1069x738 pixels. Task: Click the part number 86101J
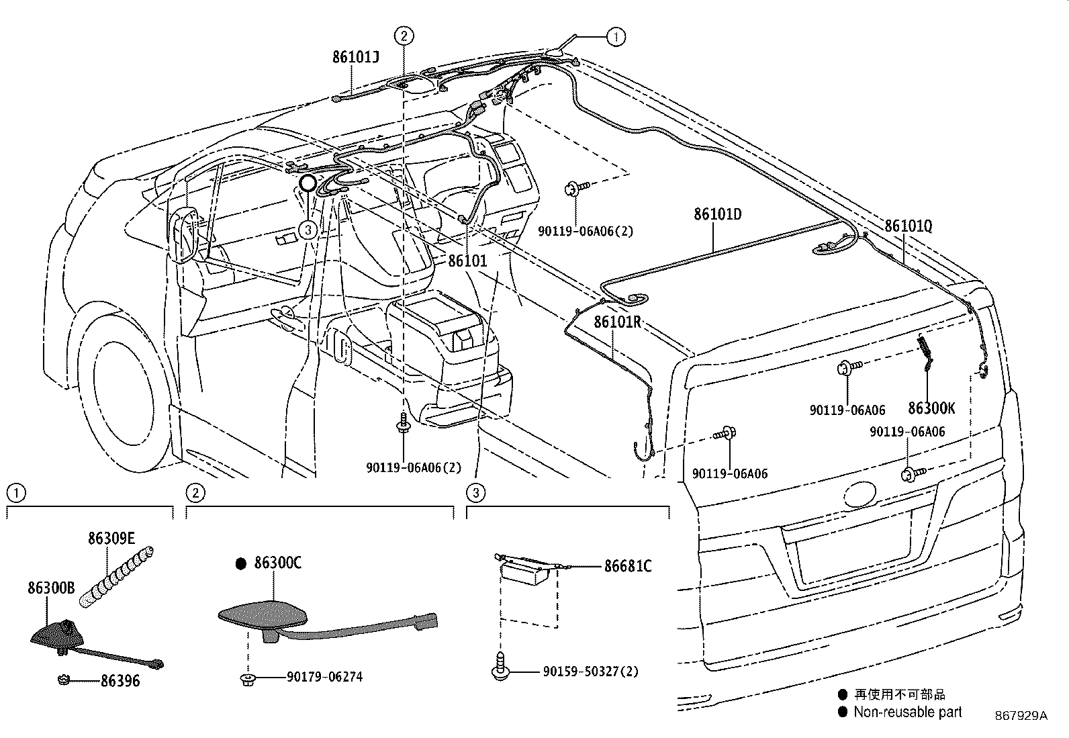tap(355, 57)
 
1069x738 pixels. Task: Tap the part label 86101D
tap(717, 214)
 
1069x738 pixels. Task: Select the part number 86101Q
tap(908, 226)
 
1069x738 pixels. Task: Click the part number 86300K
tap(931, 408)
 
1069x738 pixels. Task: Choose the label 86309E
tap(111, 538)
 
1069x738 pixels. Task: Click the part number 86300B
tap(51, 588)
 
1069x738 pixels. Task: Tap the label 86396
tap(120, 681)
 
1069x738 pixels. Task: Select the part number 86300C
tap(277, 563)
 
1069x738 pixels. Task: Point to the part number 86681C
tap(628, 566)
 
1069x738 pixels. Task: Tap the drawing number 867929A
tap(1021, 716)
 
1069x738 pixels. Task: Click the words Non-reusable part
tap(907, 712)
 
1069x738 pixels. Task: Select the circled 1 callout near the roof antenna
tap(615, 36)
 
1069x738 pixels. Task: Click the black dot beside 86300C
tap(241, 564)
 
